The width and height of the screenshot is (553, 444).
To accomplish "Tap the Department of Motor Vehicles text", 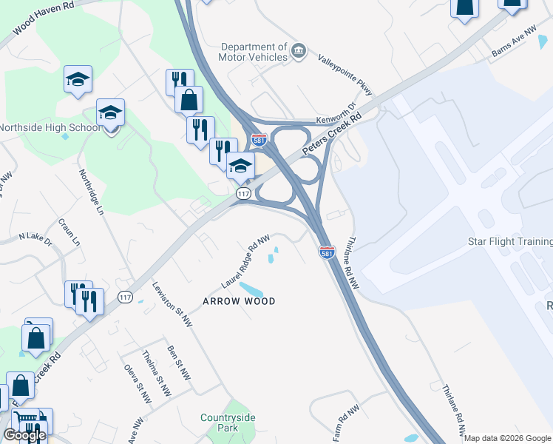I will pos(253,52).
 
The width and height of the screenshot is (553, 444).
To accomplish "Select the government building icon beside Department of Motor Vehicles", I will pos(299,51).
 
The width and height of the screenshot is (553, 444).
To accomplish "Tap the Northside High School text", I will pos(49,127).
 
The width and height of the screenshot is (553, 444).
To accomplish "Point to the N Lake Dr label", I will pos(35,240).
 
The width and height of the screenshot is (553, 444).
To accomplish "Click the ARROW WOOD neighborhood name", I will pos(240,301).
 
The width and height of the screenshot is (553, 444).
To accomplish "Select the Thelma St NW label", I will pos(157,369).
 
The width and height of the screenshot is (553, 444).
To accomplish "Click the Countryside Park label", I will pos(228,423).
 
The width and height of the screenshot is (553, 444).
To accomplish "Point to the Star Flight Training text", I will pos(510,242).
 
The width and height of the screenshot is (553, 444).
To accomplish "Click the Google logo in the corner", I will pos(24,435).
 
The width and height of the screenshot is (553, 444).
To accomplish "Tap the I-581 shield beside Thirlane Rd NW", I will pos(327,253).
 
